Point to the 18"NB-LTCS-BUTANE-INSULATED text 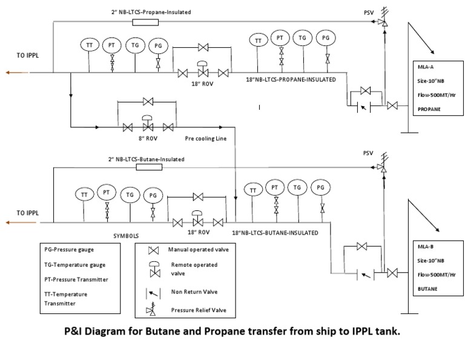click(275, 232)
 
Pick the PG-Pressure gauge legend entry click(70, 249)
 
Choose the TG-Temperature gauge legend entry click(74, 264)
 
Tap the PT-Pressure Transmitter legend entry click(76, 279)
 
